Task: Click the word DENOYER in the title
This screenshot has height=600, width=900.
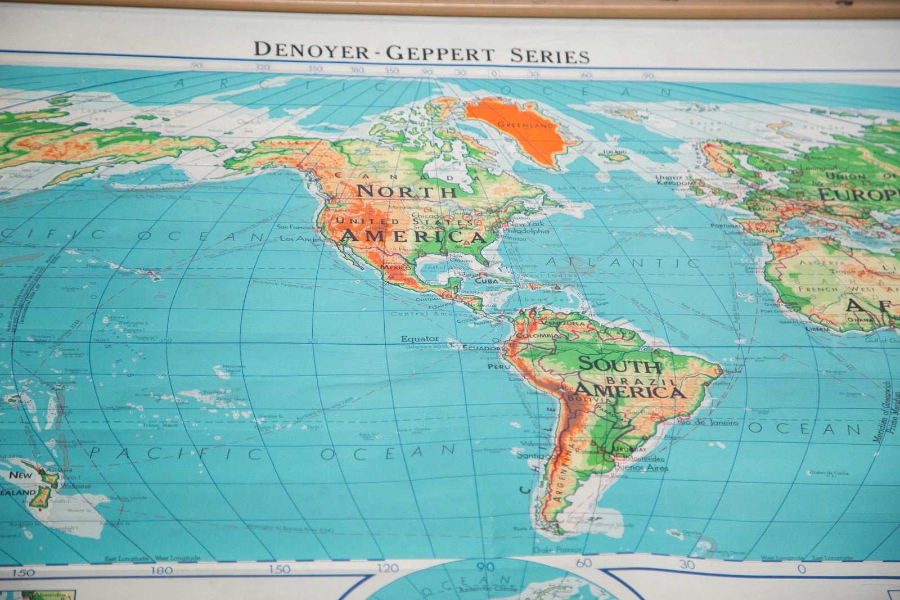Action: pyautogui.click(x=311, y=50)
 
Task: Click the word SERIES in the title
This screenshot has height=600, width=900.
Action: pyautogui.click(x=550, y=56)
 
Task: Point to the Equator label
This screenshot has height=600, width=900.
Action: pyautogui.click(x=419, y=339)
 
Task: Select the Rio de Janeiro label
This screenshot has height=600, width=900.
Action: pyautogui.click(x=708, y=422)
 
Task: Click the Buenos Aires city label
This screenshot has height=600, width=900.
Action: pyautogui.click(x=641, y=467)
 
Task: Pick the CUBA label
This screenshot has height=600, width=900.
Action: pyautogui.click(x=487, y=280)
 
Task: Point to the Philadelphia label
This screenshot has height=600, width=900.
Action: pyautogui.click(x=525, y=231)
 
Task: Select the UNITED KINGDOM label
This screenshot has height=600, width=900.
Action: pyautogui.click(x=674, y=180)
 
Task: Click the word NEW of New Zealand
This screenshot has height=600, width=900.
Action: pyautogui.click(x=21, y=475)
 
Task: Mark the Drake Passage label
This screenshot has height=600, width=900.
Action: pyautogui.click(x=557, y=549)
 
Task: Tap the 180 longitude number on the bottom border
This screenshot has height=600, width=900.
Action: pyautogui.click(x=161, y=570)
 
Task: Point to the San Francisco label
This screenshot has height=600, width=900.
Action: pyautogui.click(x=296, y=227)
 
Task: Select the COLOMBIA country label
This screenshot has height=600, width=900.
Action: pyautogui.click(x=539, y=335)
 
